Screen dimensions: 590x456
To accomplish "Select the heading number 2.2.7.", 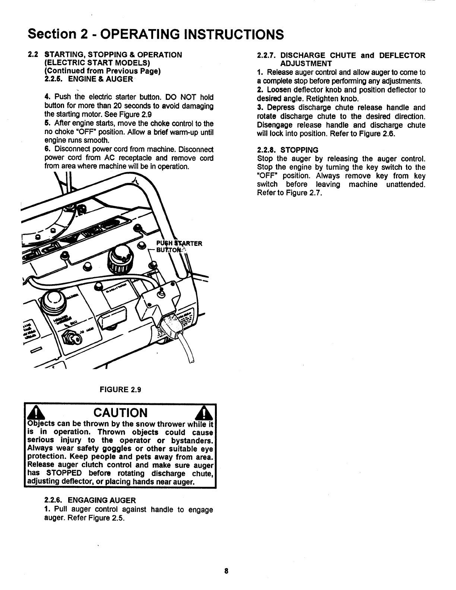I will pos(266,55).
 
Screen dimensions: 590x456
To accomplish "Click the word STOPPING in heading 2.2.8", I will pos(300,150).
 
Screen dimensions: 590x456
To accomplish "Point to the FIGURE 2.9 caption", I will pos(120,390).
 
